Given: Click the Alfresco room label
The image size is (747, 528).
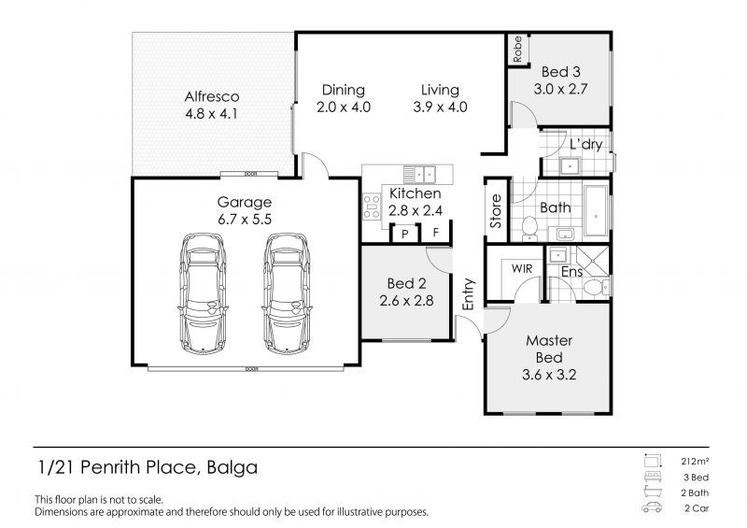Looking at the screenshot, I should (212, 96).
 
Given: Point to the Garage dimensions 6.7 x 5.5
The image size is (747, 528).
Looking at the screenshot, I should (245, 220).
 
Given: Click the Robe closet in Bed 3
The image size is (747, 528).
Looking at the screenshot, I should (516, 50).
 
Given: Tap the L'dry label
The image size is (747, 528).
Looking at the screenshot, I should (585, 145).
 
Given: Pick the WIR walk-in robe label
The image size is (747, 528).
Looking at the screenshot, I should (520, 268).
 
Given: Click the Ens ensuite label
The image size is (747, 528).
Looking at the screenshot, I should (572, 272).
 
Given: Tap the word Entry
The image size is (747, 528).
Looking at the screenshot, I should (469, 293).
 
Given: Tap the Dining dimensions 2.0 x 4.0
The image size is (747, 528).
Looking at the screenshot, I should (343, 107).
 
